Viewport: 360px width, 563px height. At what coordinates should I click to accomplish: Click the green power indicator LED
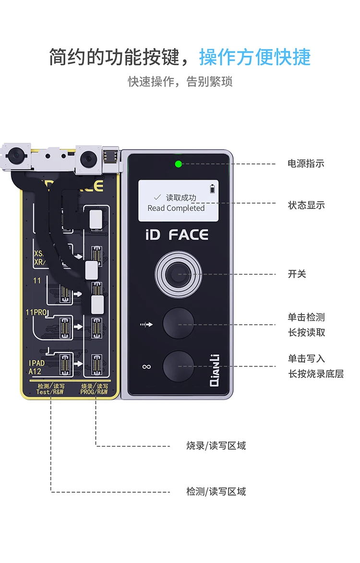point(179,164)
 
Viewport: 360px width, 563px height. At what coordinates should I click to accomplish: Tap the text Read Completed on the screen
point(176,208)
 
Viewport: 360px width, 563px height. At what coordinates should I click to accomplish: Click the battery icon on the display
point(213,187)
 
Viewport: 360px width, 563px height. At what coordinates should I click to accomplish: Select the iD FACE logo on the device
point(177,235)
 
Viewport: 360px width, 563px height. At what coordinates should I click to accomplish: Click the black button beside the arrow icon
point(178,323)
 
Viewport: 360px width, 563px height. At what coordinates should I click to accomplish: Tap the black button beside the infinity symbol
point(178,366)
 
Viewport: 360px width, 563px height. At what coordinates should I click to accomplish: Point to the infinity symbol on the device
point(146,367)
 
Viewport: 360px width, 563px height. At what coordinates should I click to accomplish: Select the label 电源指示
point(306,164)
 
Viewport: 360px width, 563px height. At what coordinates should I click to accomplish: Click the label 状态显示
point(306,205)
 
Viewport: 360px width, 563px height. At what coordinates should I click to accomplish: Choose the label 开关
point(297,274)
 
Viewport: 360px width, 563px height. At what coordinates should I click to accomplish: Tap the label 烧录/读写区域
point(216,446)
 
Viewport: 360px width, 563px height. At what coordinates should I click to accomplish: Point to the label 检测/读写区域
point(216,491)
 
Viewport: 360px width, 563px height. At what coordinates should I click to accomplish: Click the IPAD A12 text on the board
point(37,367)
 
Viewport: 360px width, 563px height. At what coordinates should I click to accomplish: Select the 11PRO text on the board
point(36,313)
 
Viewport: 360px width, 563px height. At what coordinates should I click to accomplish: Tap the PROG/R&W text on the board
point(95,392)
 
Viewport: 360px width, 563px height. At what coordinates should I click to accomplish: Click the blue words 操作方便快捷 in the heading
point(255,57)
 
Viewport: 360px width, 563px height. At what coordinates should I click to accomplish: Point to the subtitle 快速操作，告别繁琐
point(180,82)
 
